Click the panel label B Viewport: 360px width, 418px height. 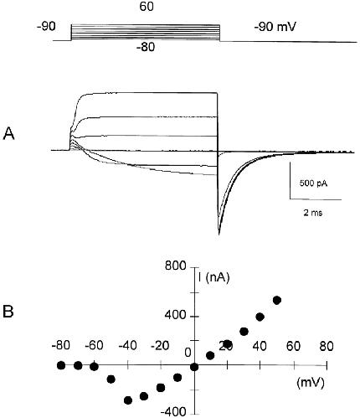[x=8, y=312]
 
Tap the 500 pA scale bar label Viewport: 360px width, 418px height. [x=313, y=183]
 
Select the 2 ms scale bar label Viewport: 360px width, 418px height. [x=313, y=213]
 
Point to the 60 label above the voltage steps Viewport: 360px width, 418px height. [x=147, y=7]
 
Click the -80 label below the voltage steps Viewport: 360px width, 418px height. [x=146, y=48]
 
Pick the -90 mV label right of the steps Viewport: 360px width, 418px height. [x=275, y=28]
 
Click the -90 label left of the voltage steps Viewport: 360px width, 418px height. [x=46, y=27]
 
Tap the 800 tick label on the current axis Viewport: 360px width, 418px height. [x=175, y=266]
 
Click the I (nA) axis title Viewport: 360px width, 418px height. [x=213, y=277]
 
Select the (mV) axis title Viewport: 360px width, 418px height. [x=311, y=383]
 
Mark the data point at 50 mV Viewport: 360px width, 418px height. [x=277, y=300]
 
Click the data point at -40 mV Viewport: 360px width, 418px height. [x=128, y=400]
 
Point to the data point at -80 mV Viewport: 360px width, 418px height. [x=61, y=365]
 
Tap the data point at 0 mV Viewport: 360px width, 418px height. [x=194, y=367]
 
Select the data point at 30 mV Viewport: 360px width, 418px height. [x=244, y=332]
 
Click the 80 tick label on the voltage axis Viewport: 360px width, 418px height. [x=327, y=346]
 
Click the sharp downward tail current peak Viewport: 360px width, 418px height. [x=219, y=234]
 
